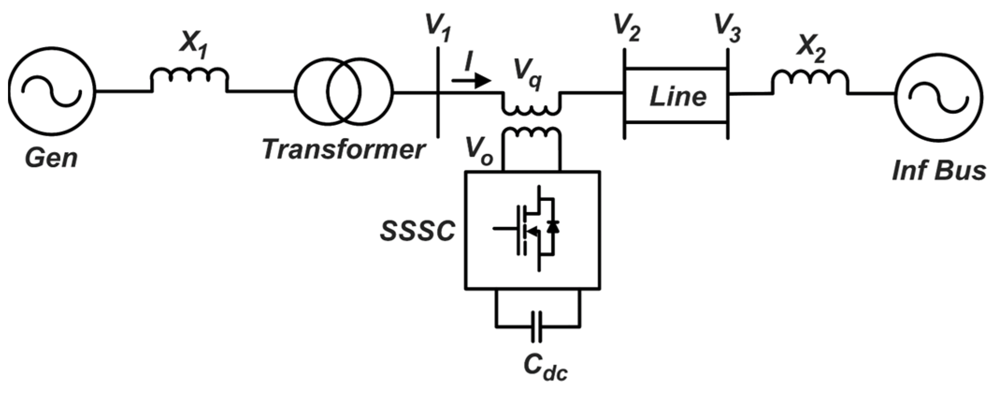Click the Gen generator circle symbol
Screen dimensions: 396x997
pos(51,91)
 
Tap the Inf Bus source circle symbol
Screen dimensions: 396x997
pos(938,95)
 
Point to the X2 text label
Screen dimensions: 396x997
pos(811,51)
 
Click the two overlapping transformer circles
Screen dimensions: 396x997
pos(344,92)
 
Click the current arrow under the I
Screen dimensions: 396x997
pos(471,81)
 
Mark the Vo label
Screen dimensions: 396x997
pos(479,151)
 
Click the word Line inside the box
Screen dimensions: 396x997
pos(677,97)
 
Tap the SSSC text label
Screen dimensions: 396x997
pos(417,231)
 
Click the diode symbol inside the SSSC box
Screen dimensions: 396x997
pos(554,228)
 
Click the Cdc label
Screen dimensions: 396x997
pos(545,367)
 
